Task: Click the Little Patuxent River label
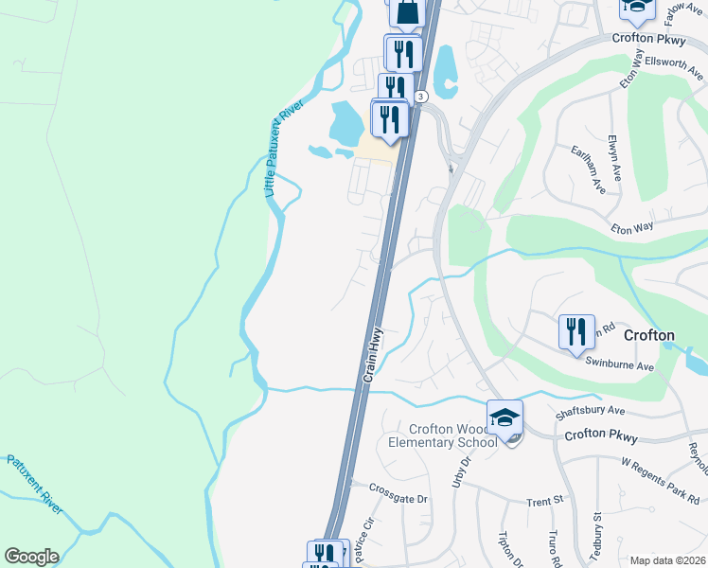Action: click(x=281, y=150)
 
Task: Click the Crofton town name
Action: click(x=648, y=336)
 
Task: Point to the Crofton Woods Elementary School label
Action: click(x=442, y=435)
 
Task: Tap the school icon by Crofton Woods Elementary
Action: click(x=505, y=417)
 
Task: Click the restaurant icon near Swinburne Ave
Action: click(x=576, y=332)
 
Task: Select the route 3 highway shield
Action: click(x=421, y=97)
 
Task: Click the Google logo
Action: click(x=31, y=557)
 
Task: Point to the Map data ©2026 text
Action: click(x=667, y=560)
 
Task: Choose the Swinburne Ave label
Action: click(x=620, y=364)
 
